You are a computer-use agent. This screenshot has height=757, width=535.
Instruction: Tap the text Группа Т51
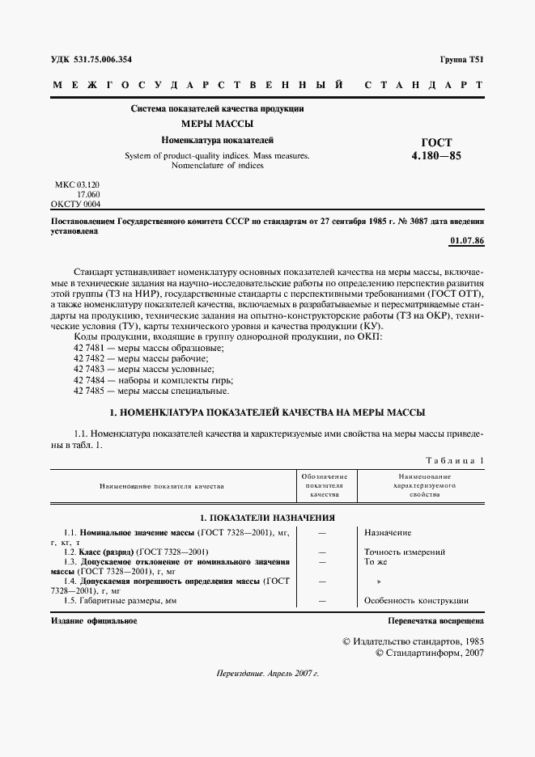click(x=461, y=60)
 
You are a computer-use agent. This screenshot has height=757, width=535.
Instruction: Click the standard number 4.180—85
click(x=436, y=156)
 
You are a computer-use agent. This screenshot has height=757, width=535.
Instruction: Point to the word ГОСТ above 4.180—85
click(x=437, y=142)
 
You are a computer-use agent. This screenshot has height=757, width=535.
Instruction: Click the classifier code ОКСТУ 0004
click(x=75, y=205)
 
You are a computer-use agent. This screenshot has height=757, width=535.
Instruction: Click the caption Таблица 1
click(x=454, y=460)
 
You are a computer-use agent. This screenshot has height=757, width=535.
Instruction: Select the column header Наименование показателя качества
click(x=162, y=487)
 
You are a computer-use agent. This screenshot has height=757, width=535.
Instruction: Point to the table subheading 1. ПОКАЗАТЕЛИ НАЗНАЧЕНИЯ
click(x=267, y=518)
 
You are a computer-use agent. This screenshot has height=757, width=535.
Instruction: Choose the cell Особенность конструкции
click(x=416, y=601)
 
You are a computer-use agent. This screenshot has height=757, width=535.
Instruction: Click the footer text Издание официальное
click(x=93, y=621)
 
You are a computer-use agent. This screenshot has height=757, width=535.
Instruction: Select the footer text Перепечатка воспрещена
click(x=435, y=621)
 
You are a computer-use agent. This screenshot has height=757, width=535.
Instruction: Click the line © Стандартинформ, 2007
click(x=430, y=653)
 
